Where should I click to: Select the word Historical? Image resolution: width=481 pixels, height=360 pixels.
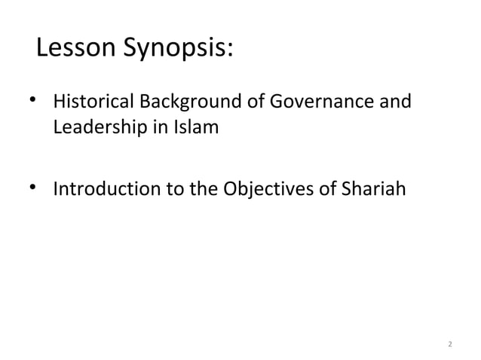pos(91,102)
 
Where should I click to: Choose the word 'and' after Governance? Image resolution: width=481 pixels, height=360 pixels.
pos(397,102)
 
